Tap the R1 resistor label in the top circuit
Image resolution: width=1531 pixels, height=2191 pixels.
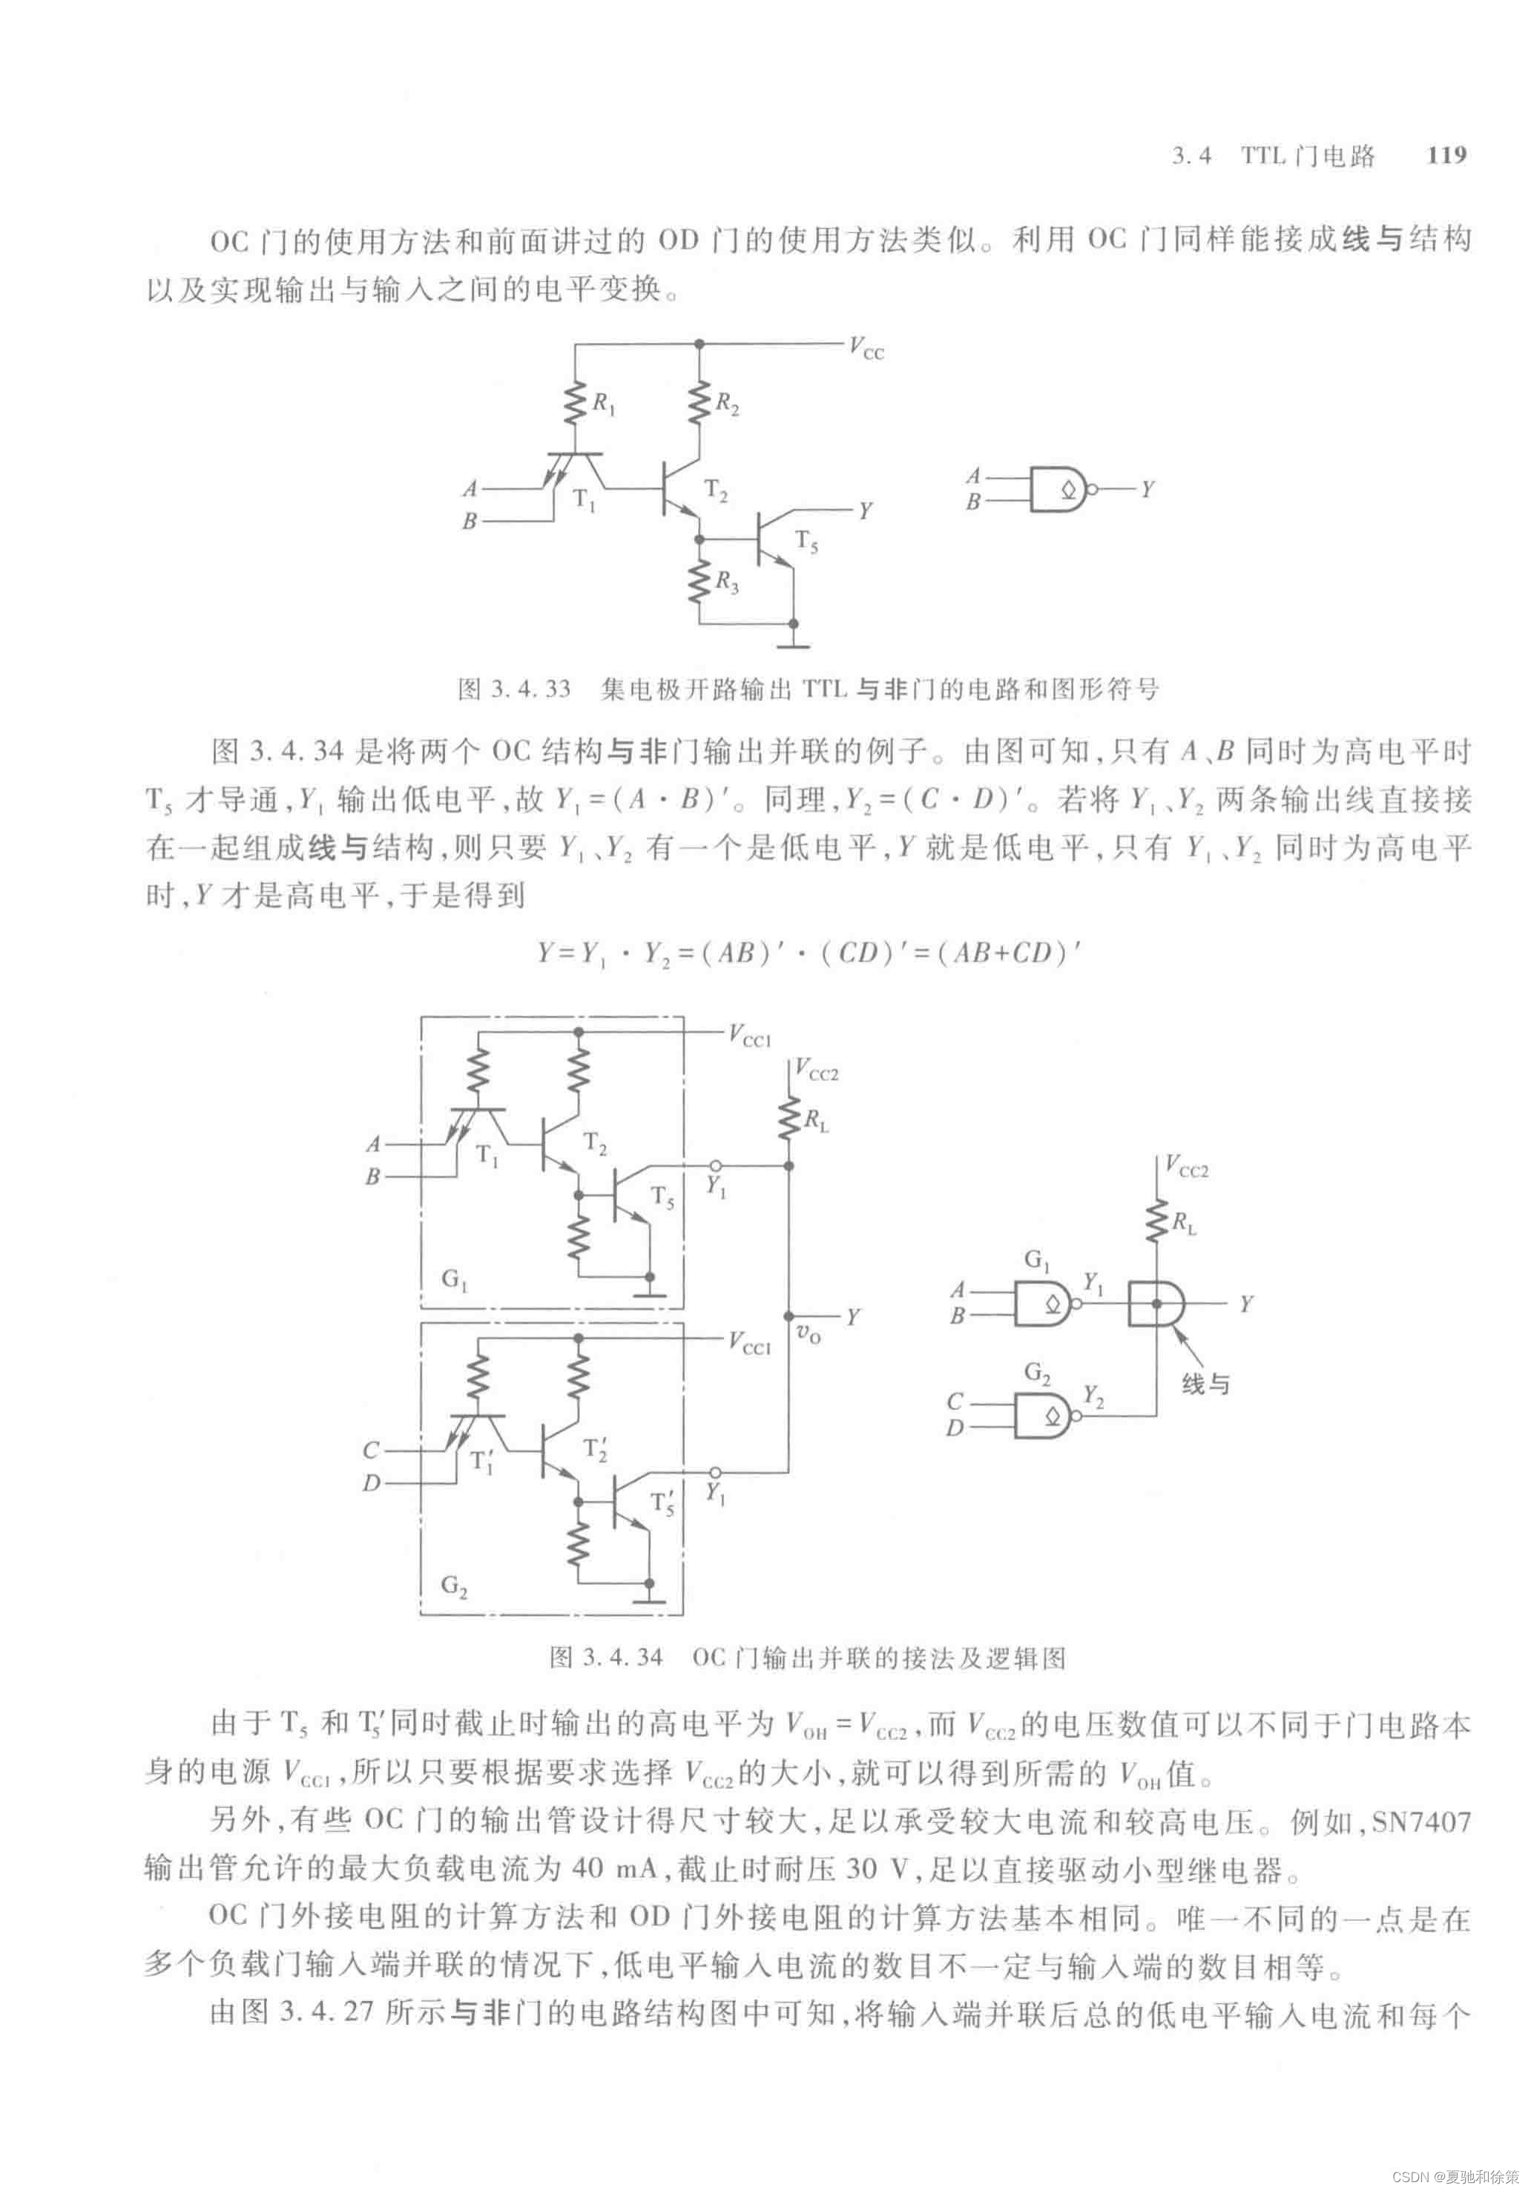(604, 404)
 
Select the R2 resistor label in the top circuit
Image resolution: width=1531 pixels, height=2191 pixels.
(727, 404)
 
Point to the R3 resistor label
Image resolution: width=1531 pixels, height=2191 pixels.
(727, 582)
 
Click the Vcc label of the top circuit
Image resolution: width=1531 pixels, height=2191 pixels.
(866, 347)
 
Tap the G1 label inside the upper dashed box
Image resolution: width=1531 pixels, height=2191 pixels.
(454, 1278)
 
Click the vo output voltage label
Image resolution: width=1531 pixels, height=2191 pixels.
(808, 1334)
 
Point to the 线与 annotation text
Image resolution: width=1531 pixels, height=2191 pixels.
(1205, 1384)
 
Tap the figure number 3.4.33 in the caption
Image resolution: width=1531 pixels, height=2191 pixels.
(530, 689)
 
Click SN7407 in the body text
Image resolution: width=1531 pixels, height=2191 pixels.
(1420, 1822)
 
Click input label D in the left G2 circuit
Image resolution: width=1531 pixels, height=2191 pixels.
(371, 1484)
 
